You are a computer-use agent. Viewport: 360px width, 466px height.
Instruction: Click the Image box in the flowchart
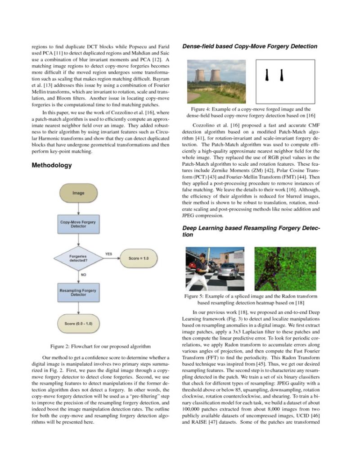point(78,193)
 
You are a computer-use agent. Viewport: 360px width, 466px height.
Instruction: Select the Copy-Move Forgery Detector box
point(78,224)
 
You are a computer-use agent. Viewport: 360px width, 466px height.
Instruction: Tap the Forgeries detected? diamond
point(78,258)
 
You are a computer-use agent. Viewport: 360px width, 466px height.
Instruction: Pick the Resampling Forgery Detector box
point(78,292)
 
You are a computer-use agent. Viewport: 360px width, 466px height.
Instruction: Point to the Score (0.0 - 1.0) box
point(78,323)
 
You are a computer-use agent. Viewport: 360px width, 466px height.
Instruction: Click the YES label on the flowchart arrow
point(108,254)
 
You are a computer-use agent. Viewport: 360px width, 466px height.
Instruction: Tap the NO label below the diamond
point(84,274)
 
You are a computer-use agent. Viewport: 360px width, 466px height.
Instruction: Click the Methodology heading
point(52,165)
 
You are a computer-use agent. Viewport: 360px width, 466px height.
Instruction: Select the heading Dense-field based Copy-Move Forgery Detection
point(249,46)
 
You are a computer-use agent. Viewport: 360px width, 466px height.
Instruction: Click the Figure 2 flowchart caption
point(100,346)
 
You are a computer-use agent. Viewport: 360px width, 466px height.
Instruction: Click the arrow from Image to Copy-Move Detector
point(78,208)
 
